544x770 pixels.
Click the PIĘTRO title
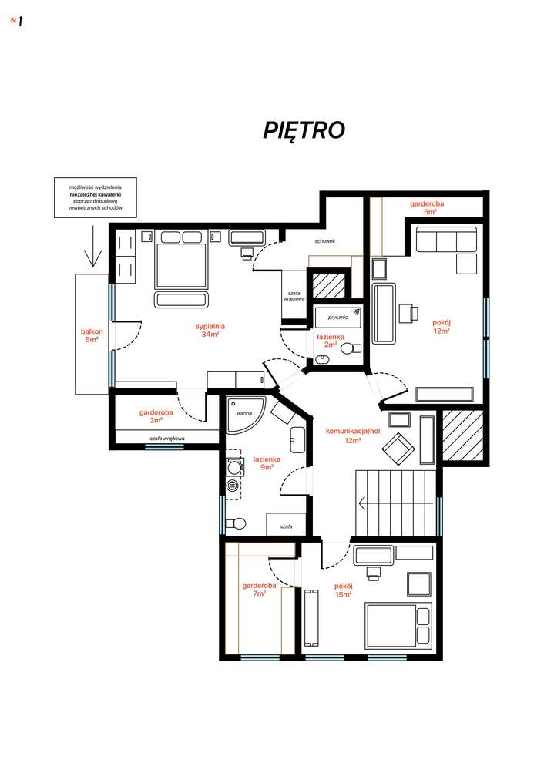[x=304, y=130]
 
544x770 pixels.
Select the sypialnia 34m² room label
[x=210, y=330]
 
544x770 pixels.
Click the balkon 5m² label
[x=92, y=335]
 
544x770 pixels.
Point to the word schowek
[x=325, y=241]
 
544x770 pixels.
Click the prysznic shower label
[x=337, y=318]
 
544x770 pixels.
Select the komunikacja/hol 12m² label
[x=352, y=435]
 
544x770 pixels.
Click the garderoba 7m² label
[x=259, y=590]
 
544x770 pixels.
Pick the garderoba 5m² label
[x=427, y=207]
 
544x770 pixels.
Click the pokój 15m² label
[x=343, y=590]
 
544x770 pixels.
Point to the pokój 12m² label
[x=442, y=327]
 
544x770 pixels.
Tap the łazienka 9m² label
[x=267, y=463]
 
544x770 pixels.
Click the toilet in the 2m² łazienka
[x=351, y=348]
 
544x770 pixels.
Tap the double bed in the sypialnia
[x=180, y=266]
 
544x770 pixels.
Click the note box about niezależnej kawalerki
[x=96, y=197]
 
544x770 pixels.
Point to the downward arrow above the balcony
[x=92, y=246]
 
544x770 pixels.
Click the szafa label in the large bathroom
[x=286, y=526]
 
